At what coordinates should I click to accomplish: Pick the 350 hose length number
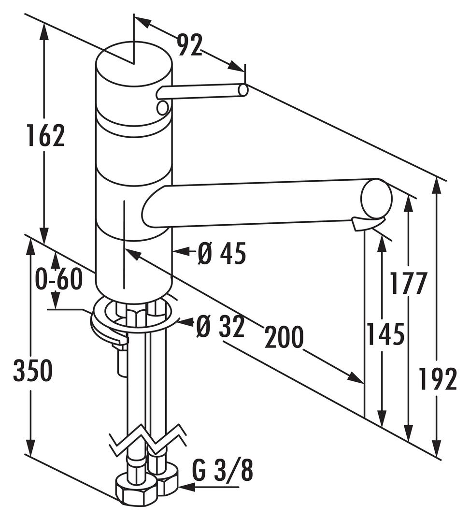pos(32,371)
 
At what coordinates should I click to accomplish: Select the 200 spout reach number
pos(284,337)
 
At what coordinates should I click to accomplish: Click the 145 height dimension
pos(385,334)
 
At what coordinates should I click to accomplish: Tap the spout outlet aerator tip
pos(367,224)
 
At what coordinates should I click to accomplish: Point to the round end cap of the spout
pos(376,199)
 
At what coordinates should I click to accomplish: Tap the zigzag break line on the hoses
pos(147,440)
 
